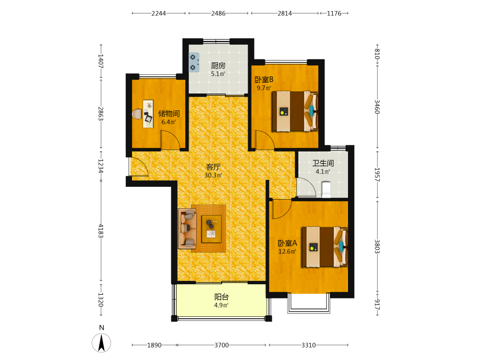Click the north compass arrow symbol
101,343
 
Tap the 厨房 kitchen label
218,65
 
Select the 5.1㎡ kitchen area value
218,74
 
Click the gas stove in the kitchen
194,62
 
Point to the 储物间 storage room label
168,114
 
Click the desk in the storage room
148,114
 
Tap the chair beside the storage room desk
137,114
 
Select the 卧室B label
264,80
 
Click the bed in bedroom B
295,111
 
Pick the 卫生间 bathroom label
323,163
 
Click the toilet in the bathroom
326,190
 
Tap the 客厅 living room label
213,167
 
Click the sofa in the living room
187,228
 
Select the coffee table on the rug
212,229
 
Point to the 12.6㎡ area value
287,252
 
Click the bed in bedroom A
325,247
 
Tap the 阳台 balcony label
221,297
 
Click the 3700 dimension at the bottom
221,345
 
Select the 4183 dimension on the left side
101,231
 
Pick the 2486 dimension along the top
218,13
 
